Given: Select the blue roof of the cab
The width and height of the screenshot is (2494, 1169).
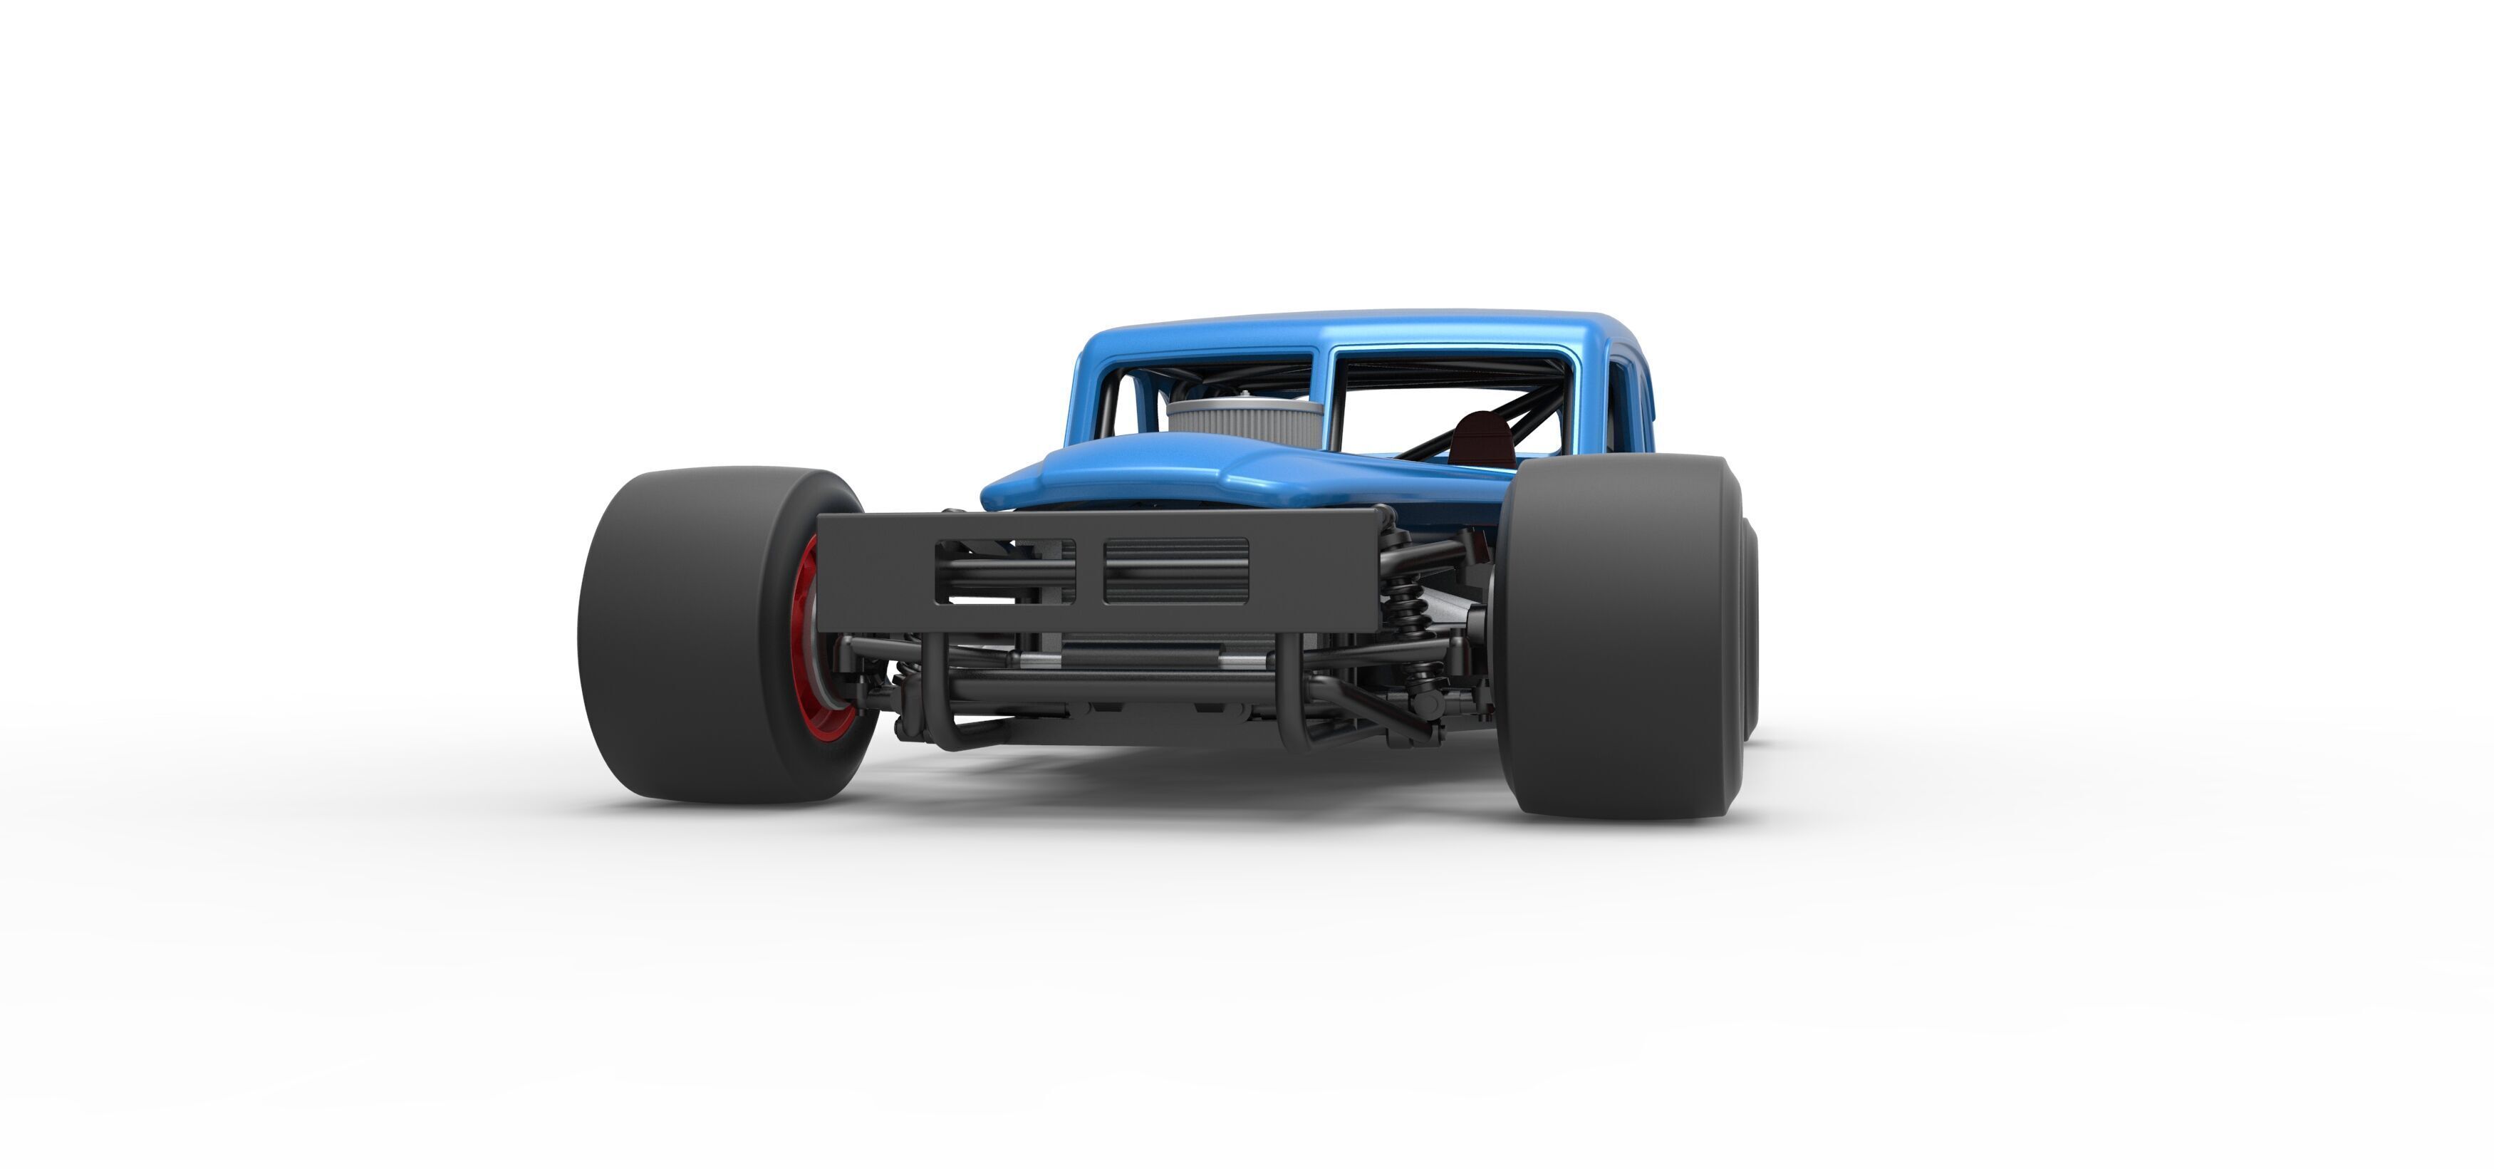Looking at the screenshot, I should pos(1356,329).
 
